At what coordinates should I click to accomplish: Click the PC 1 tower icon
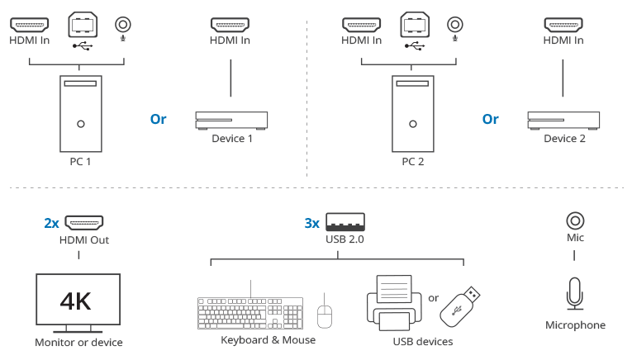click(x=80, y=112)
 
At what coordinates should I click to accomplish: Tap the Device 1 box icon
click(x=231, y=121)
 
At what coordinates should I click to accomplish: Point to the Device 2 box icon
click(x=563, y=121)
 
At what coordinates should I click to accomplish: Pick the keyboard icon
click(x=251, y=313)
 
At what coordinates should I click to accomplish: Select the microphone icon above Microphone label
click(x=576, y=296)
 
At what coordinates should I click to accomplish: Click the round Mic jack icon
click(x=576, y=220)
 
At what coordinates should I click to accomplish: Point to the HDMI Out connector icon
click(x=84, y=222)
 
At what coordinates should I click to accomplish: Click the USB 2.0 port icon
click(x=345, y=222)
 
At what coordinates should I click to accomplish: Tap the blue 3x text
click(x=312, y=223)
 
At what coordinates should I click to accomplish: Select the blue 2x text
click(x=51, y=223)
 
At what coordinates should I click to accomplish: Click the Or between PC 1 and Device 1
click(x=158, y=119)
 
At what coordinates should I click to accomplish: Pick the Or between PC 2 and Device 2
click(x=491, y=119)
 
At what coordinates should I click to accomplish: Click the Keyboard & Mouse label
click(x=268, y=339)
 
